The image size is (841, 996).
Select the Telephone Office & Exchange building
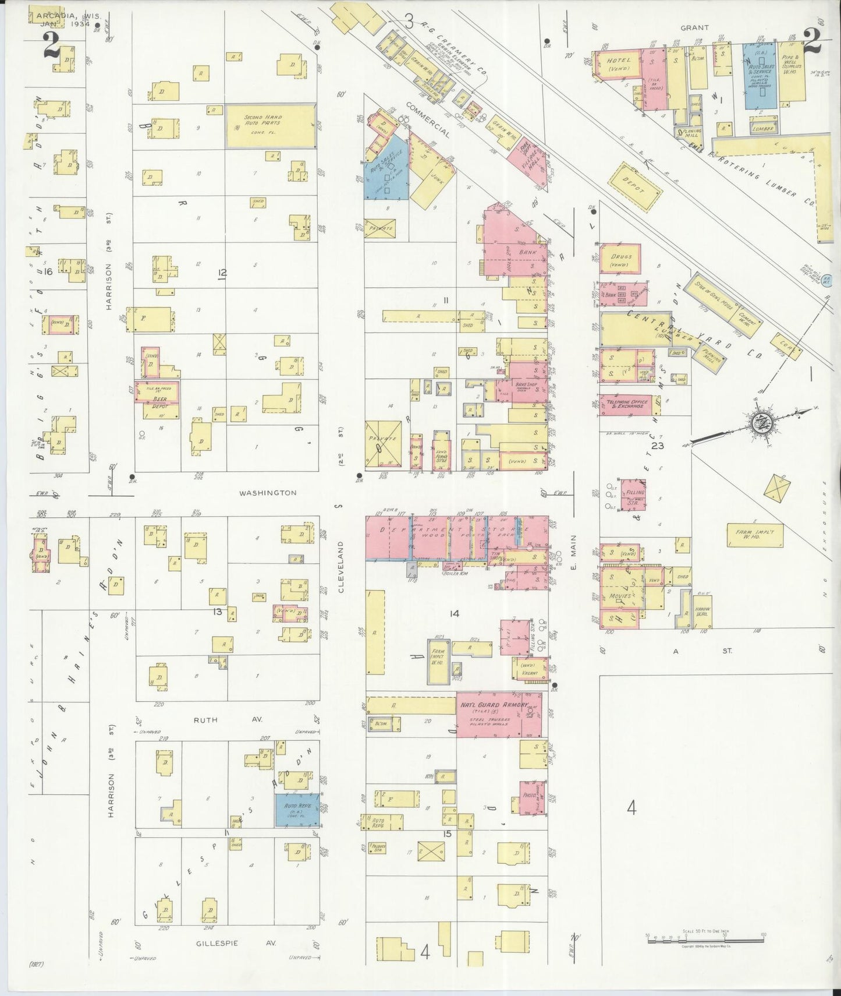[x=626, y=404]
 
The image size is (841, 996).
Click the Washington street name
[x=268, y=493]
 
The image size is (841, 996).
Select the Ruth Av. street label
[x=205, y=720]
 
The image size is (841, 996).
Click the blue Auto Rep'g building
[x=297, y=810]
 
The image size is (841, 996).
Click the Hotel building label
[x=619, y=61]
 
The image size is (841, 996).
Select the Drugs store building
[x=620, y=259]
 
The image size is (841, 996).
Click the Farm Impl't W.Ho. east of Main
[x=755, y=535]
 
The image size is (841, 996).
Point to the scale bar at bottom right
[x=705, y=937]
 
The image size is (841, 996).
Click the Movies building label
[x=620, y=596]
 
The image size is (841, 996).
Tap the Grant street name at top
[x=695, y=27]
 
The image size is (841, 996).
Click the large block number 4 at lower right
[x=631, y=808]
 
